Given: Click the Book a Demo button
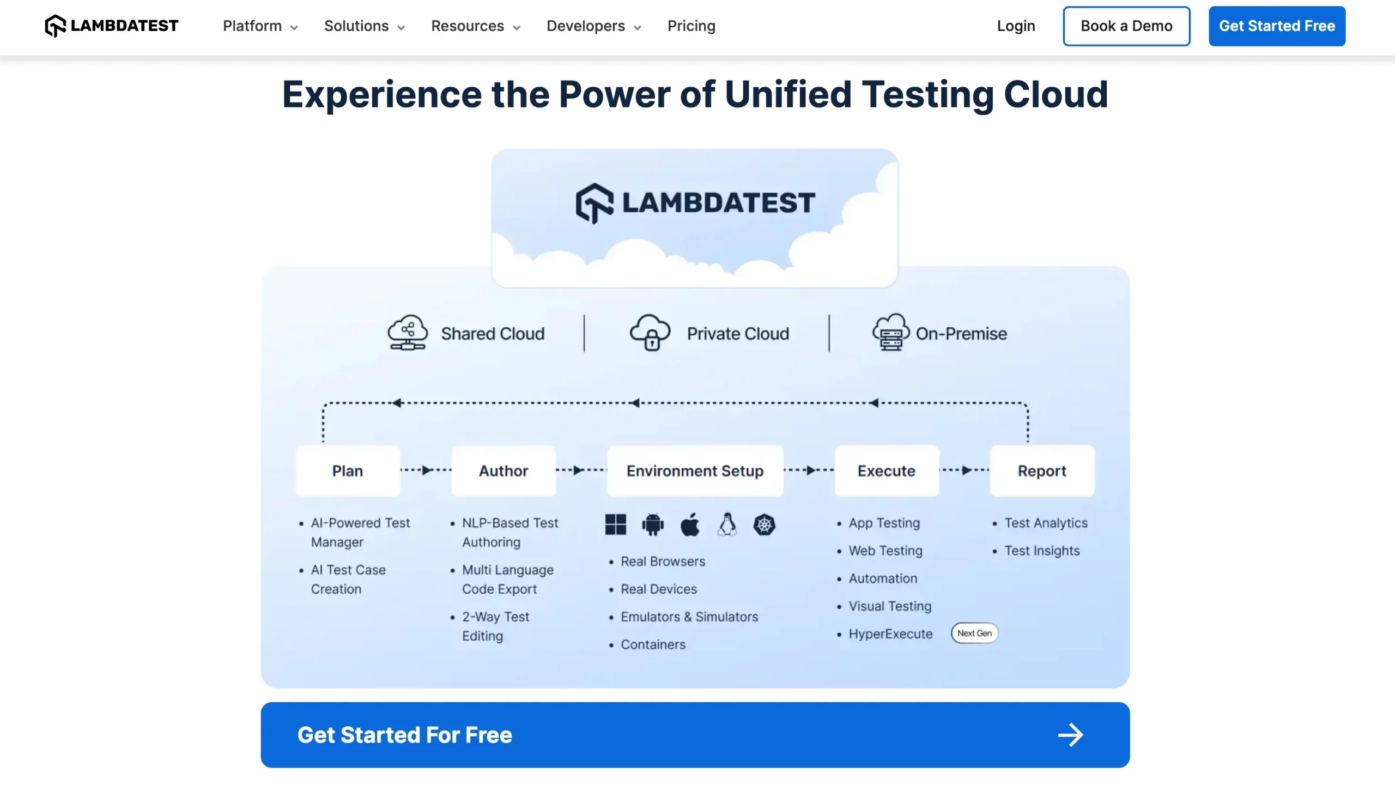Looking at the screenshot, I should [1126, 26].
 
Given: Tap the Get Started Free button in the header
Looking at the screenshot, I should [1277, 26].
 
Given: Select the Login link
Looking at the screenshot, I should [1016, 26].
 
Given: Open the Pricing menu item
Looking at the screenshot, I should [691, 26].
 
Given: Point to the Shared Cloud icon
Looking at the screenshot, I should [408, 333].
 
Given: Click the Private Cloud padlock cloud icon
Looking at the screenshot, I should [650, 333].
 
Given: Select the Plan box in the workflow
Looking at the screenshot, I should [348, 471].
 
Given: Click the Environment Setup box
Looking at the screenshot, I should [695, 471].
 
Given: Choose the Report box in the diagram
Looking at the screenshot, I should [1041, 471].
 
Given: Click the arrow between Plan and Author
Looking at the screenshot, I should [426, 470].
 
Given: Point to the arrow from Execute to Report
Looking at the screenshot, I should [966, 470].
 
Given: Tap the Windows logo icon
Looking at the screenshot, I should [615, 524].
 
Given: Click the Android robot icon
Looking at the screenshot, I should [653, 524].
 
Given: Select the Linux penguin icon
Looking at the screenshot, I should [727, 524].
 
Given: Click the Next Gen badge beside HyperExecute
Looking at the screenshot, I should [974, 633].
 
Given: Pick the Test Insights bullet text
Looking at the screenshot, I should [1042, 551].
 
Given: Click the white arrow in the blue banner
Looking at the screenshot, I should [1070, 735].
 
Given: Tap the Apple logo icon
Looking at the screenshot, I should [690, 524].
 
